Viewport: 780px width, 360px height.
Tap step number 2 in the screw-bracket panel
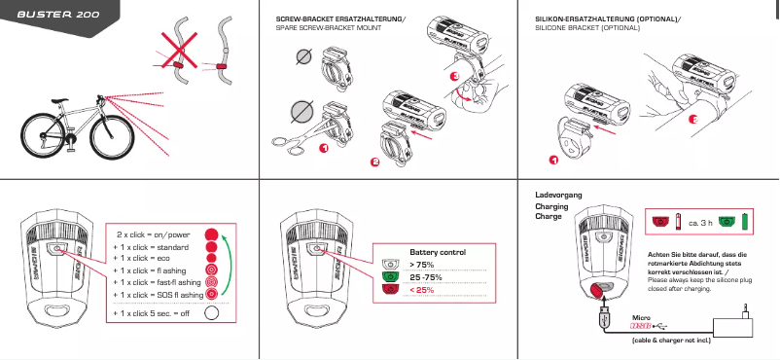pos(374,162)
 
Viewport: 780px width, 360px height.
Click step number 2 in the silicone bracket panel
pos(692,120)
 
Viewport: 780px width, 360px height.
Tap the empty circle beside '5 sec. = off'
pos(212,313)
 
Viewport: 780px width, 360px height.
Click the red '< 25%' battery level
pos(423,289)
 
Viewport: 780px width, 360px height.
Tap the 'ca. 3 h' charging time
pos(702,223)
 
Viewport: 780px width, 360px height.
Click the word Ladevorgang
pos(558,196)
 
